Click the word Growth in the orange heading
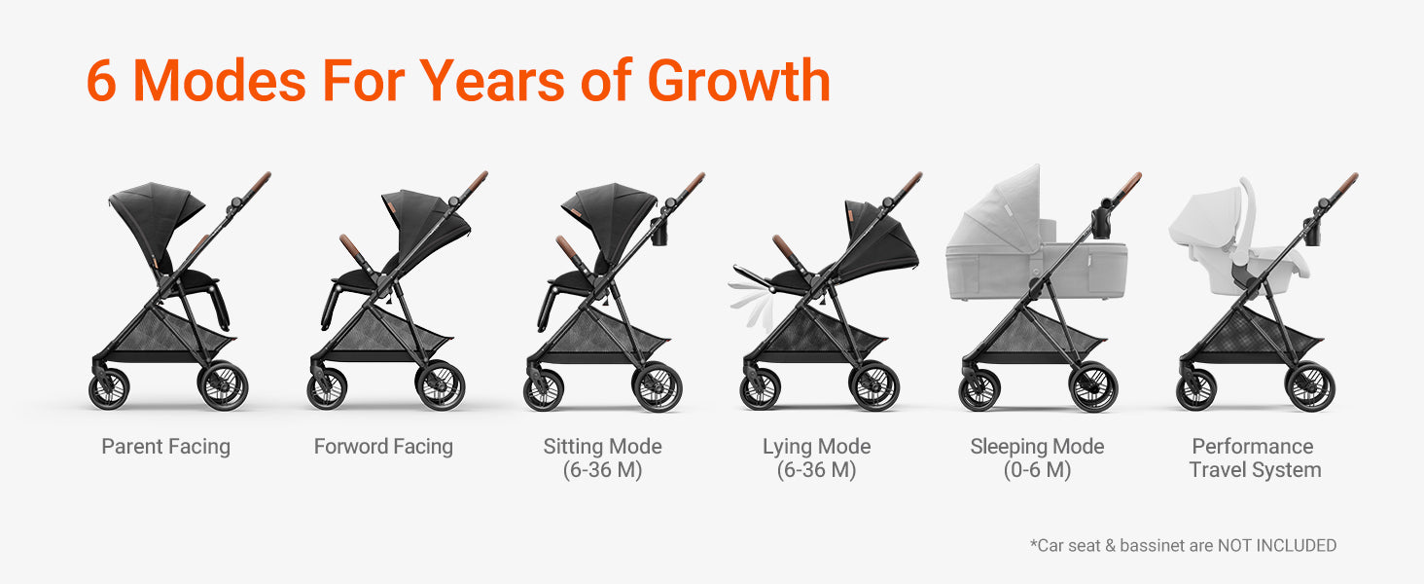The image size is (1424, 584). (x=738, y=80)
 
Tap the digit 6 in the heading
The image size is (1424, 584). (x=100, y=81)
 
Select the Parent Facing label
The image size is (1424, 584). (x=166, y=447)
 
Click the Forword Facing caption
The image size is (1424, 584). (x=383, y=447)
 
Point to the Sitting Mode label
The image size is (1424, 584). (x=603, y=458)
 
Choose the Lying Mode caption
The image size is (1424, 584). (x=817, y=458)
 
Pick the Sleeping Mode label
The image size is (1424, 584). (x=1037, y=458)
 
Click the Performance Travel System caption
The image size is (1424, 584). (x=1255, y=458)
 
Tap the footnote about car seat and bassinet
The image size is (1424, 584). (x=1183, y=546)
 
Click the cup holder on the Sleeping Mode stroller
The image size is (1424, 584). (x=1102, y=219)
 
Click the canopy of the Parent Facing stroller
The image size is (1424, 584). (x=157, y=210)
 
